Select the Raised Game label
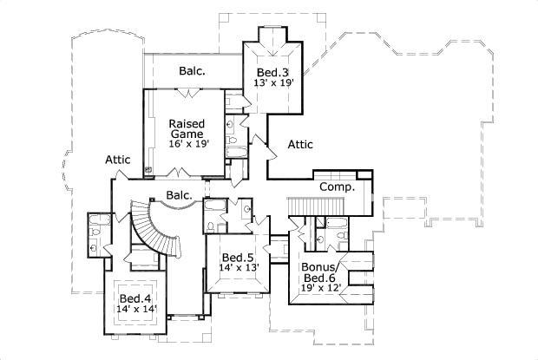tap(187, 129)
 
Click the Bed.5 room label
tap(237, 258)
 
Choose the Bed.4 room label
tap(136, 298)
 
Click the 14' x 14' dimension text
tap(136, 309)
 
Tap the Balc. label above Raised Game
tap(192, 70)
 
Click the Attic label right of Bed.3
tap(300, 145)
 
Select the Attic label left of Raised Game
tap(118, 160)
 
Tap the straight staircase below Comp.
tap(305, 205)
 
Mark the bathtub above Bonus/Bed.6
tap(334, 235)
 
